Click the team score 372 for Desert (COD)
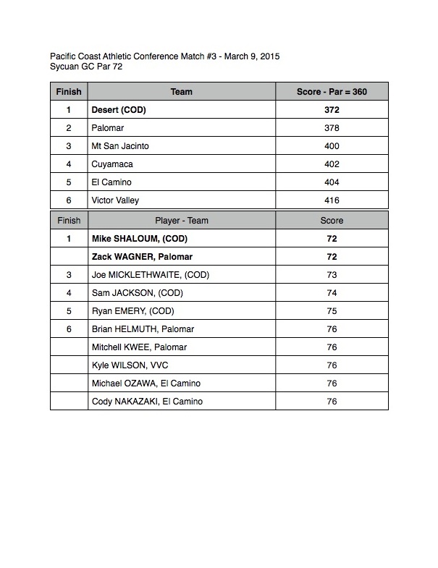[332, 111]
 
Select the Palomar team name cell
[108, 129]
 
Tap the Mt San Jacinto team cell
[120, 147]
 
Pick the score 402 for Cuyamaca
[332, 165]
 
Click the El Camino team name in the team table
[111, 183]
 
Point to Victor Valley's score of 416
[332, 201]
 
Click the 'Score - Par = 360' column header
[332, 93]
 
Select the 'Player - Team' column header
[181, 220]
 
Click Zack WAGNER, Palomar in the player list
[142, 257]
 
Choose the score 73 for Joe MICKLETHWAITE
[332, 275]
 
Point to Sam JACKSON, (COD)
[138, 293]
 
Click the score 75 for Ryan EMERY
[332, 311]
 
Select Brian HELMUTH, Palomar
[143, 329]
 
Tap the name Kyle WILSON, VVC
[130, 365]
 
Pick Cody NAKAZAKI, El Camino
[147, 402]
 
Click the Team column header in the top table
[181, 93]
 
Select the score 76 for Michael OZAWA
[332, 383]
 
